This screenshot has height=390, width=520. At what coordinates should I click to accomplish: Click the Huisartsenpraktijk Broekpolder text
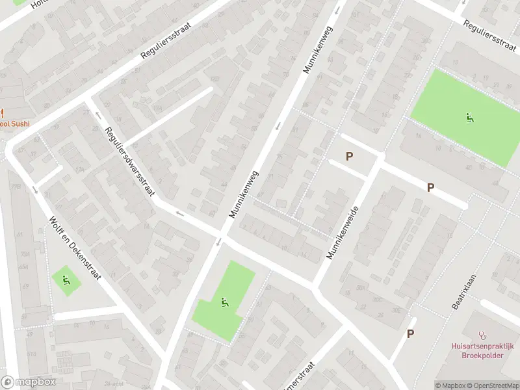(x=482, y=350)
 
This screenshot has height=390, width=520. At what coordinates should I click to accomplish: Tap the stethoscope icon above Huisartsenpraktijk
(x=482, y=335)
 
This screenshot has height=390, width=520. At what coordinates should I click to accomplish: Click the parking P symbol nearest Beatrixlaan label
(x=410, y=333)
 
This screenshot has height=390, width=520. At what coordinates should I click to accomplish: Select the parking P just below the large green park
(x=430, y=187)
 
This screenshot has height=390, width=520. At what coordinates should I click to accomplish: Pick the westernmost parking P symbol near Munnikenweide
(x=349, y=156)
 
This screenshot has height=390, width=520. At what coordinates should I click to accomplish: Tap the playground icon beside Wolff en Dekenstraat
(x=66, y=280)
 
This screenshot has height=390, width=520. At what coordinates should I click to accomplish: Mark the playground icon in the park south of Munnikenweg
(x=224, y=302)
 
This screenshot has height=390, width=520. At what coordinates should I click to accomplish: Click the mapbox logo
(x=29, y=382)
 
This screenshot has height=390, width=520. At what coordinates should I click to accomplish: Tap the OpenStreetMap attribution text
(x=492, y=385)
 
